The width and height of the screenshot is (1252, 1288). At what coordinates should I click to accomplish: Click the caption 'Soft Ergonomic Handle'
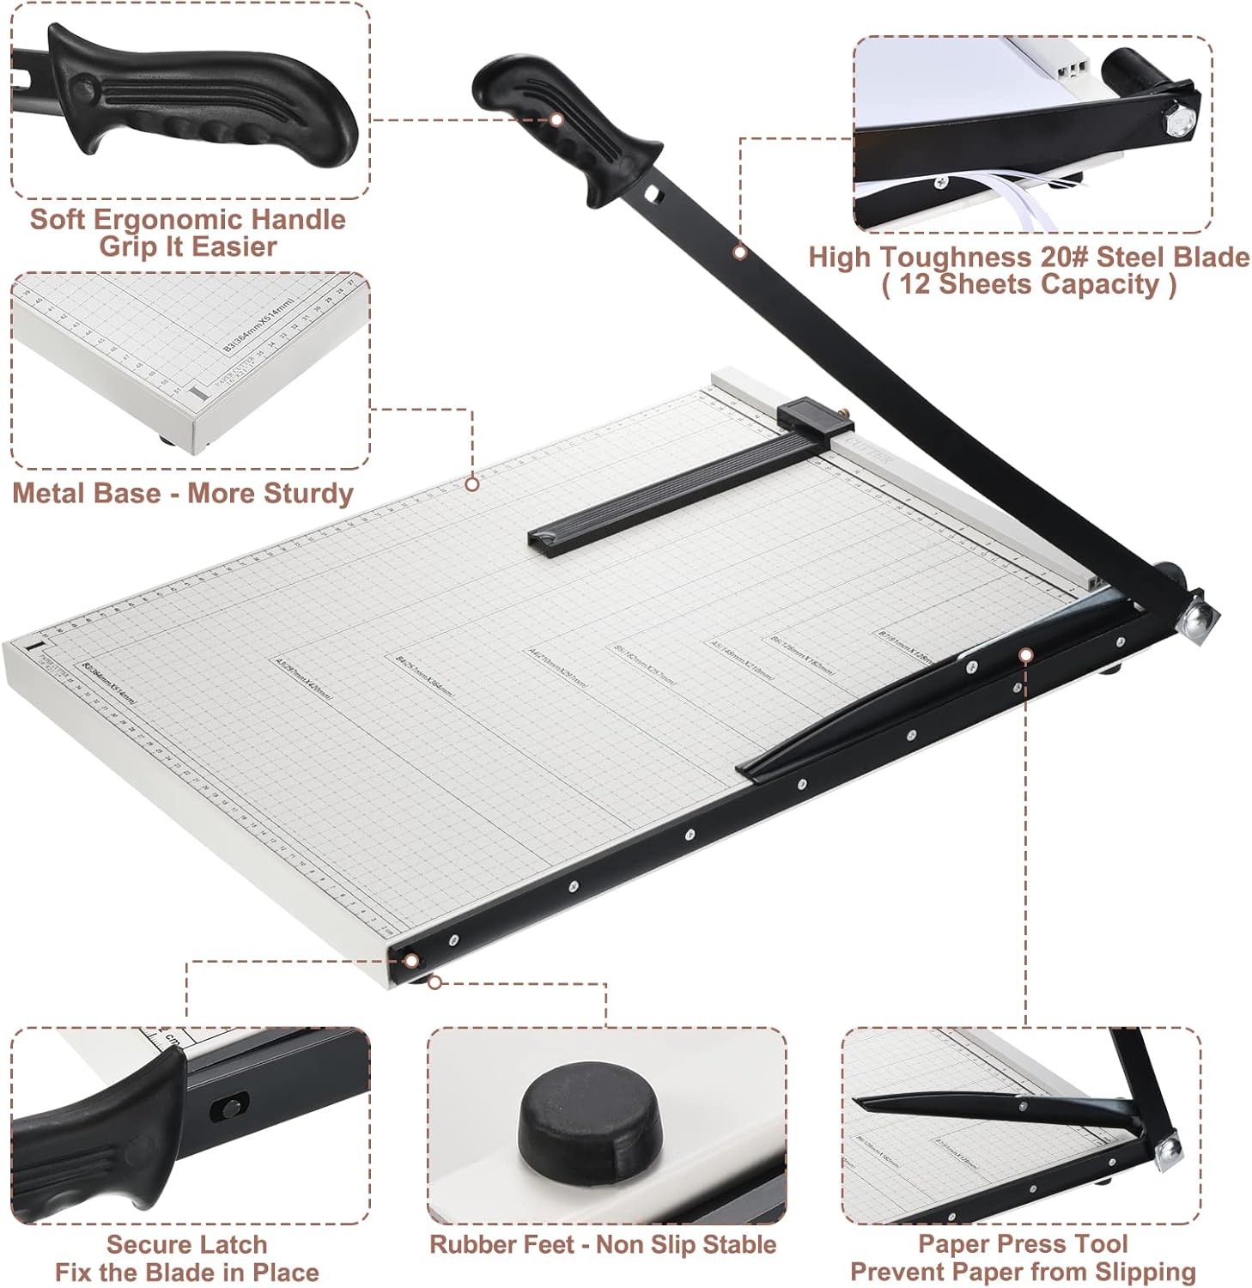pyautogui.click(x=187, y=219)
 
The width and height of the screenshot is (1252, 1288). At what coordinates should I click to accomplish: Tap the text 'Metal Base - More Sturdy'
pyautogui.click(x=182, y=493)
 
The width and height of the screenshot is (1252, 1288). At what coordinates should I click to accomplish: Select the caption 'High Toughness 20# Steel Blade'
pyautogui.click(x=1029, y=257)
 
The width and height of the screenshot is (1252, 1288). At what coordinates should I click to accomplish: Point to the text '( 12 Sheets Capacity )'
pyautogui.click(x=1029, y=284)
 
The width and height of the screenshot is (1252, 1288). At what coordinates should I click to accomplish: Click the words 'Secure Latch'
pyautogui.click(x=186, y=1244)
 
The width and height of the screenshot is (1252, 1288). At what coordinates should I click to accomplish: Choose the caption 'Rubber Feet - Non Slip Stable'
pyautogui.click(x=603, y=1244)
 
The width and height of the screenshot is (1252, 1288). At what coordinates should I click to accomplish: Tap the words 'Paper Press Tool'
pyautogui.click(x=1023, y=1243)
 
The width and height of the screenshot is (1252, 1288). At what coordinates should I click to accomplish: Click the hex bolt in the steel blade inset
pyautogui.click(x=1176, y=121)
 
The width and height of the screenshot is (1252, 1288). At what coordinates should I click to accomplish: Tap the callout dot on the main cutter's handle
pyautogui.click(x=556, y=120)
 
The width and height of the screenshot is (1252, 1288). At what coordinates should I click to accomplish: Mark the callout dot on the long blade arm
pyautogui.click(x=739, y=252)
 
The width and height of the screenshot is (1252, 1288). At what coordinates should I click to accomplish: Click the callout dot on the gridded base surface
pyautogui.click(x=471, y=485)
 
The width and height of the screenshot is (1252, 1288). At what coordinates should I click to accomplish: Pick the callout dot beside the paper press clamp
pyautogui.click(x=1024, y=655)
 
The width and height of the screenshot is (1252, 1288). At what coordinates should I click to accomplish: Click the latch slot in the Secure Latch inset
pyautogui.click(x=228, y=1109)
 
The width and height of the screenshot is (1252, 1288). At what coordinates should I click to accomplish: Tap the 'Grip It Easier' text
pyautogui.click(x=187, y=246)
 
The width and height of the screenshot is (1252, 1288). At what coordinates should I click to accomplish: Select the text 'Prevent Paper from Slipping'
pyautogui.click(x=1023, y=1272)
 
